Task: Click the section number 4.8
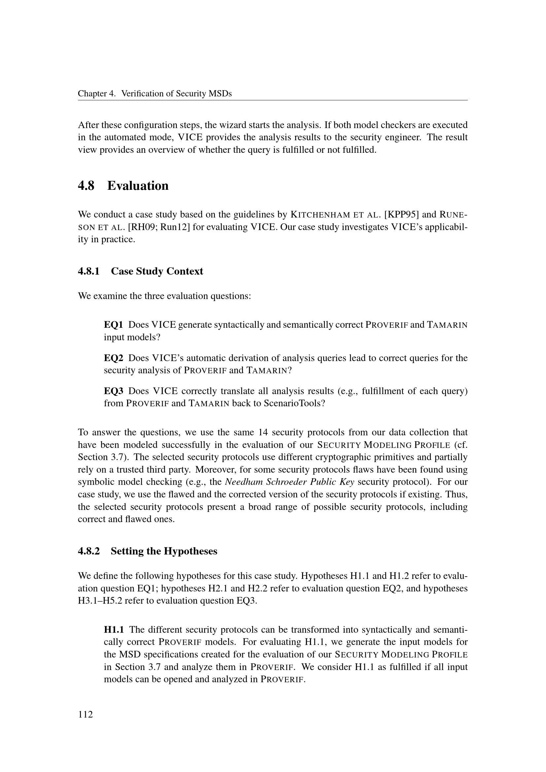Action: tap(86, 185)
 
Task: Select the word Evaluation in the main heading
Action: tap(138, 185)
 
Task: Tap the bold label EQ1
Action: tap(113, 325)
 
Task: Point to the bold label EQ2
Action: tap(113, 358)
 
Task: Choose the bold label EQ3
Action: tap(113, 391)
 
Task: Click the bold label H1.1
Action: tap(114, 629)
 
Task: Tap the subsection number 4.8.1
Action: tap(89, 271)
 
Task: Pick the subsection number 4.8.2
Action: tap(89, 551)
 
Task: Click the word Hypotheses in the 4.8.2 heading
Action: tap(190, 551)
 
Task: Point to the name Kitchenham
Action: tap(318, 215)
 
